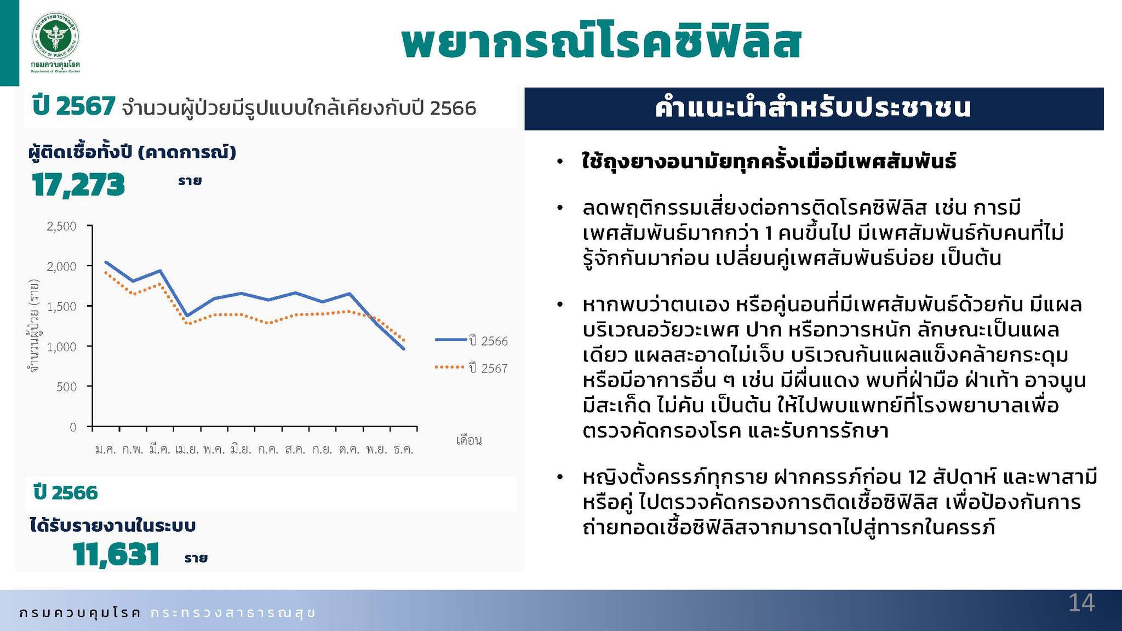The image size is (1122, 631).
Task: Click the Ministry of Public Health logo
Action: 55,37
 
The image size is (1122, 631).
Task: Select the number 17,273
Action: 78,185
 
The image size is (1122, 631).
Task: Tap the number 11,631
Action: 116,554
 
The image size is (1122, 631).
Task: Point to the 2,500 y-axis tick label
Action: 62,226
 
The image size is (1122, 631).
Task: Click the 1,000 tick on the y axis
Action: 62,347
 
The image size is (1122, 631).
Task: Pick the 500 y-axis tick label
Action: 67,387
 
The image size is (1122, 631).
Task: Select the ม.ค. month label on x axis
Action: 106,450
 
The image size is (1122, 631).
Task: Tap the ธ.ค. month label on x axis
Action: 403,450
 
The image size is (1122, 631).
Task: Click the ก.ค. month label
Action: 268,450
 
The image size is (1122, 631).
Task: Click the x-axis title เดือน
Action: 469,440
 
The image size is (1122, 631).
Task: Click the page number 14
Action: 1081,603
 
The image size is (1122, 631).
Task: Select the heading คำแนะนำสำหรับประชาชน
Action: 813,108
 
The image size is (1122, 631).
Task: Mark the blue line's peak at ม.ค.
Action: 106,262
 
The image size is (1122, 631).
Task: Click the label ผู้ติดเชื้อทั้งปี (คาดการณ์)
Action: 132,152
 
